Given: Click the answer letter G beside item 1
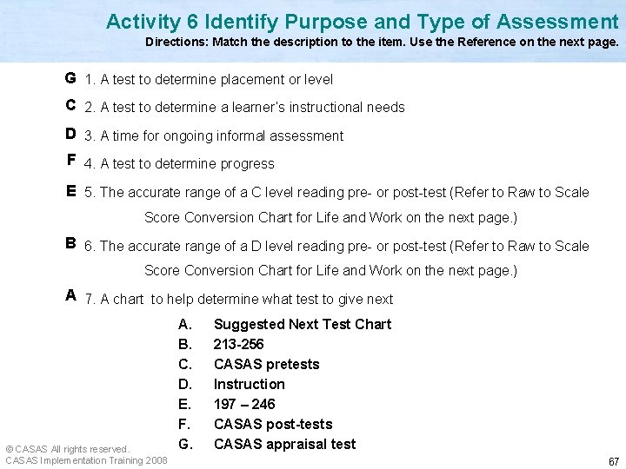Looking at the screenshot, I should [70, 78].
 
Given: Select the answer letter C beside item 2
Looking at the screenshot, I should [70, 106].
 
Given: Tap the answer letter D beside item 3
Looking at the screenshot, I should [70, 135].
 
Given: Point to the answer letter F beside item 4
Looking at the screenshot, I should [70, 162].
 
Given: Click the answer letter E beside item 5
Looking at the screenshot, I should [70, 191].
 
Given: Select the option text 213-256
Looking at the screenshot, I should [238, 344].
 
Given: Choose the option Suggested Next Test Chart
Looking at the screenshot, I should [303, 324].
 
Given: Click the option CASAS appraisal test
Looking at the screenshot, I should [284, 444].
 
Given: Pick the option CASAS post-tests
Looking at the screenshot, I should [273, 424].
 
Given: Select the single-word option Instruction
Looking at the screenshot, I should [250, 384].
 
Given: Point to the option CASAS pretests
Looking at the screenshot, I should [267, 364].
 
